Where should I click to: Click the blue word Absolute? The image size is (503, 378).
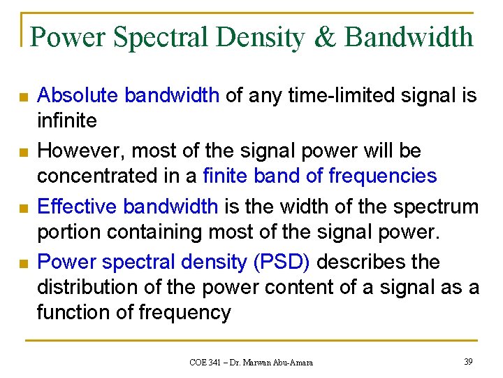78,95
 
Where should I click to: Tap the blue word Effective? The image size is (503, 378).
77,206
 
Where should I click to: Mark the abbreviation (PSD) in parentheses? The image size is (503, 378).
282,262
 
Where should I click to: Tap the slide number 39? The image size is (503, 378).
467,361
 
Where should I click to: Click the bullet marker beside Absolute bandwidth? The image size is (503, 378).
24,97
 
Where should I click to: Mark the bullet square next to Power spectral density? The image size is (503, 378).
24,264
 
